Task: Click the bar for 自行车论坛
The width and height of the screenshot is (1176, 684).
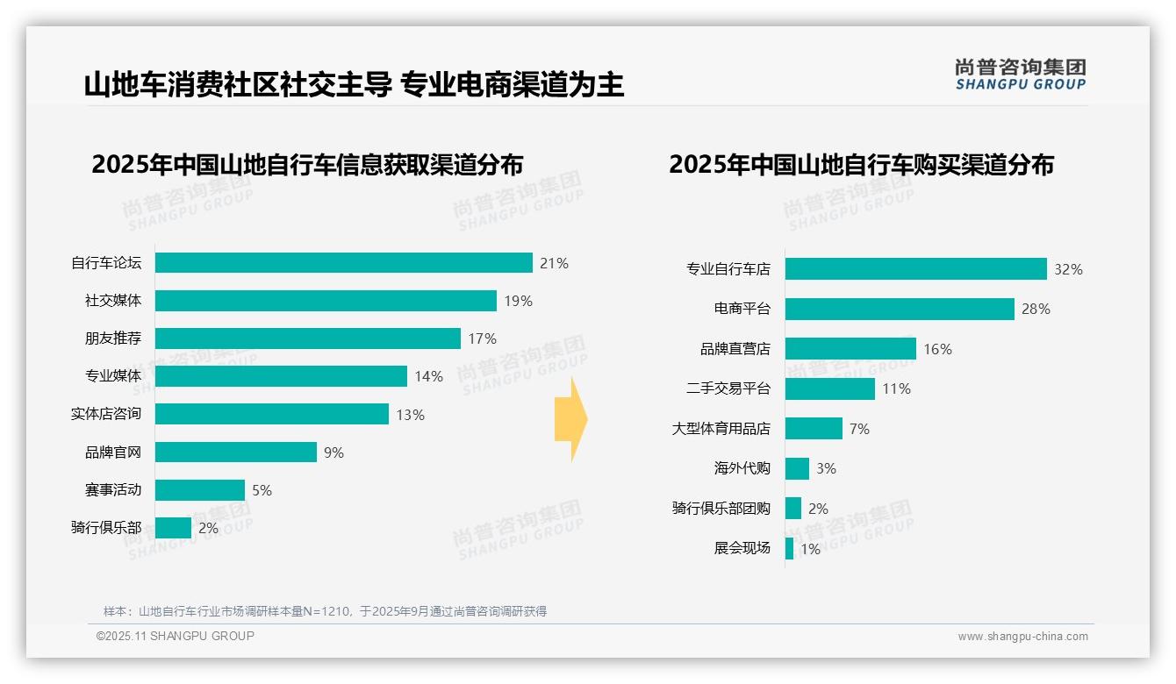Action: pos(344,263)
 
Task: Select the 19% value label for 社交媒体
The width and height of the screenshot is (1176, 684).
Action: pos(518,301)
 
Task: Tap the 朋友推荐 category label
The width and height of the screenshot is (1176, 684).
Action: pos(112,338)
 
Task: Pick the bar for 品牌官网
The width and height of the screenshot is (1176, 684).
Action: pos(236,452)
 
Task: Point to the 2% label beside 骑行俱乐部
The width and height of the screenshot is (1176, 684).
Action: pos(208,528)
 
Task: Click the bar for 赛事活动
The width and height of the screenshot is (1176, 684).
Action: pos(200,490)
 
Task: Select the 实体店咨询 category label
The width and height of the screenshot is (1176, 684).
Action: pos(105,414)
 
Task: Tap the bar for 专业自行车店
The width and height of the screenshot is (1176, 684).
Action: pos(915,269)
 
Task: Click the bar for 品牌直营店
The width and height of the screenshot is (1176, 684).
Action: pos(850,349)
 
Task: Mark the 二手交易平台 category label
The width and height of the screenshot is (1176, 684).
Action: pos(728,388)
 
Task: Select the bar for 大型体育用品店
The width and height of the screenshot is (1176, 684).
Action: pos(814,429)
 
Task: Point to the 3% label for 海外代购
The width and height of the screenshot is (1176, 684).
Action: pos(826,468)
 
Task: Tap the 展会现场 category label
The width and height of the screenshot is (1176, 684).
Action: pos(742,548)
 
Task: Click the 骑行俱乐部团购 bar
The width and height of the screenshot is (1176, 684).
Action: pos(793,509)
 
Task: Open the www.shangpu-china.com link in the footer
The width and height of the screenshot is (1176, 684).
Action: pos(1022,637)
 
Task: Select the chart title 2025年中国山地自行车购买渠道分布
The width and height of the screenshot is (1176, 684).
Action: pos(861,165)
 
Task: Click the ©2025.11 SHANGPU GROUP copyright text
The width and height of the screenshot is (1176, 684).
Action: pos(176,636)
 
